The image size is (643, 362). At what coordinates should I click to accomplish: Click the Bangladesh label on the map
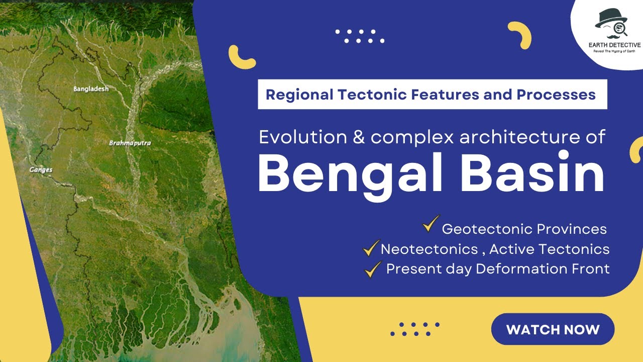(x=91, y=89)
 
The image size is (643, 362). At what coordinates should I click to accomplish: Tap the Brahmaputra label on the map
(x=130, y=143)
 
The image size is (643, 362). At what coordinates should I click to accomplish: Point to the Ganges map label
(x=41, y=170)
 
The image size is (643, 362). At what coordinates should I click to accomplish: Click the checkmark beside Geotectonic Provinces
(x=431, y=225)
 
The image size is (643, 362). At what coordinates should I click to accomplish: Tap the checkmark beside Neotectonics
(x=371, y=247)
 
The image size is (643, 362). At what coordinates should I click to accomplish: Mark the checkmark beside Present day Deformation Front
(x=373, y=269)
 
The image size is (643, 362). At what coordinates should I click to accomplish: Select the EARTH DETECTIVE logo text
(x=614, y=45)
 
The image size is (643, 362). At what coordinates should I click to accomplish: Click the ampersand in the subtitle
(x=359, y=137)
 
